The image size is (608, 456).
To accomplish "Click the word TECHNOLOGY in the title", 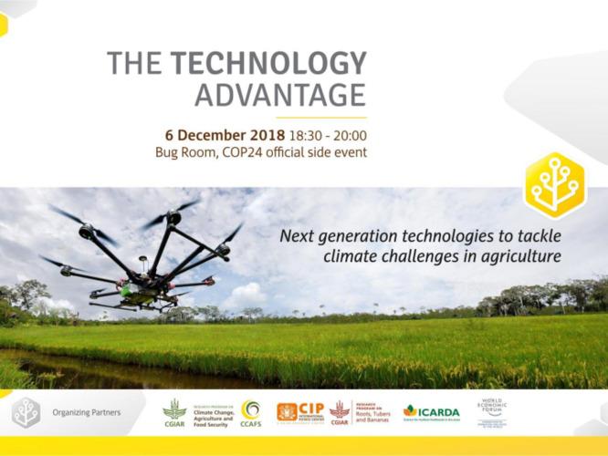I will (x=268, y=63).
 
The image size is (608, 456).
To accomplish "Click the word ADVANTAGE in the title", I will (x=280, y=95).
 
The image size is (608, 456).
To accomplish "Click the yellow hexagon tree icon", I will (x=554, y=185).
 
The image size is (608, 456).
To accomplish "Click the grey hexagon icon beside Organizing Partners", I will (x=26, y=412).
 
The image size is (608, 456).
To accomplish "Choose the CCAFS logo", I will (x=251, y=412).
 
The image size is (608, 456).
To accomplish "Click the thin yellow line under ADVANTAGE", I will (x=320, y=117).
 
